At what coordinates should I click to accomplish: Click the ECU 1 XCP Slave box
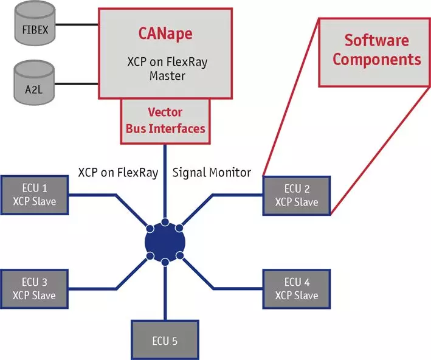pos(35,195)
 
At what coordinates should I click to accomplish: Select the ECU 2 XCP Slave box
pos(296,195)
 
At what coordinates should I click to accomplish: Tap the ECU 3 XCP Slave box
pos(35,288)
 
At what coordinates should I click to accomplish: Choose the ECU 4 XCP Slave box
pos(296,288)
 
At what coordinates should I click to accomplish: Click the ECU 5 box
pos(165,340)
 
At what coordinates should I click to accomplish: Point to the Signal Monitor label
pos(212,173)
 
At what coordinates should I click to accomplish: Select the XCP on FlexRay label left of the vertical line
pos(118,173)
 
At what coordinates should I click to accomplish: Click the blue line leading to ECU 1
pos(97,195)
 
